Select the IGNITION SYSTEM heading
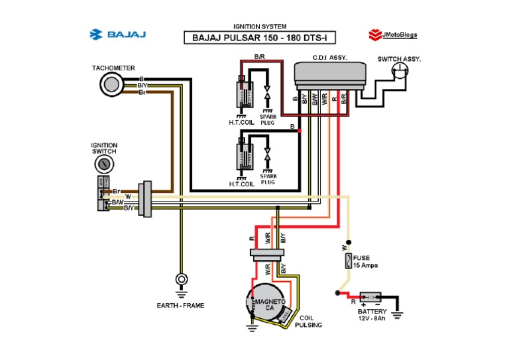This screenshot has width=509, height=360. point(254,26)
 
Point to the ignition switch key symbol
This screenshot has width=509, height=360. point(103,164)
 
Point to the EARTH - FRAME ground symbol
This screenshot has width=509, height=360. point(180,282)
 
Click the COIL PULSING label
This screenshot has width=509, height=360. point(309,321)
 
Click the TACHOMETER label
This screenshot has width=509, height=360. point(114,68)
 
